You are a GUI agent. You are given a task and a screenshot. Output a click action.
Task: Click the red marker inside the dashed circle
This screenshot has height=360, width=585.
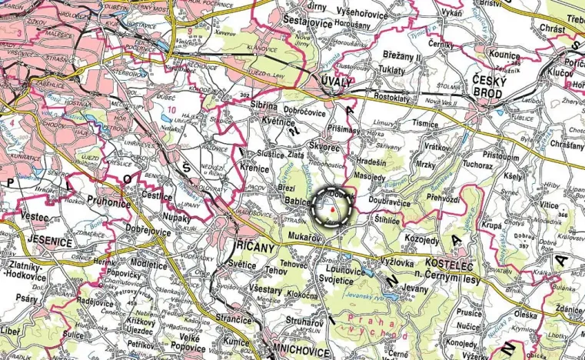point(331,208)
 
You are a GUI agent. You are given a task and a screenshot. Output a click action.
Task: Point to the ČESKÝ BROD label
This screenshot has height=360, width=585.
point(476,88)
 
